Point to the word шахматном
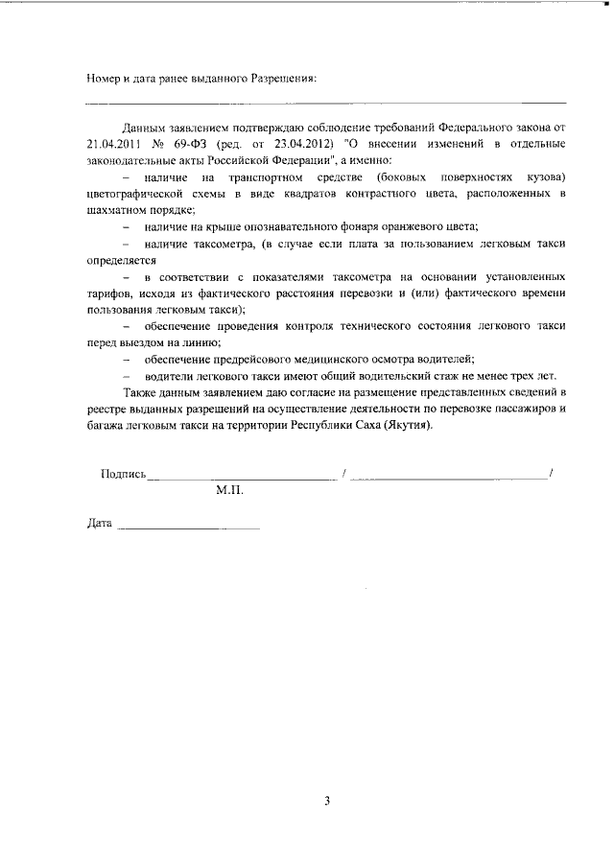pos(118,209)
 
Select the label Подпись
pos(123,474)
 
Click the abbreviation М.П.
pos(230,490)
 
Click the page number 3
pos(326,800)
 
